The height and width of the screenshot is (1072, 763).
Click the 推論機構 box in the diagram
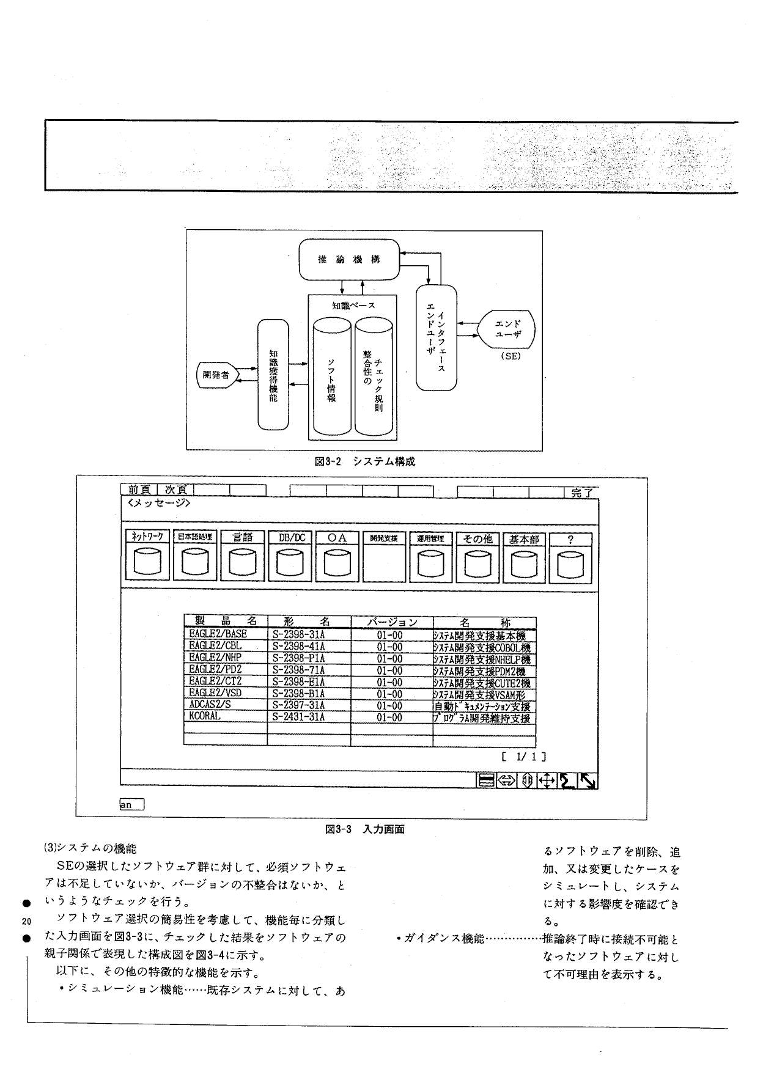pyautogui.click(x=348, y=259)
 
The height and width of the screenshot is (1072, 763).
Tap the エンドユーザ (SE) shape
pyautogui.click(x=507, y=331)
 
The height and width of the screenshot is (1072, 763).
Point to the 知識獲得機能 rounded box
pyautogui.click(x=273, y=375)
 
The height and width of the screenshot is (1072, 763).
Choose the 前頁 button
pyautogui.click(x=139, y=490)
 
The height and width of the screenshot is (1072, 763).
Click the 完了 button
pyautogui.click(x=581, y=492)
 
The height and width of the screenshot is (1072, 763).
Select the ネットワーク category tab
pyautogui.click(x=147, y=538)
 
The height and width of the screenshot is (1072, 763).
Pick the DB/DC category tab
pyautogui.click(x=291, y=538)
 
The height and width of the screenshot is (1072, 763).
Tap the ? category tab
pyautogui.click(x=570, y=539)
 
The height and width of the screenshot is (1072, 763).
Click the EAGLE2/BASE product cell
pyautogui.click(x=218, y=634)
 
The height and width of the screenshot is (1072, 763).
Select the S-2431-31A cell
pyautogui.click(x=299, y=717)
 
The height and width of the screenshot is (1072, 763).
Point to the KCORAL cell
pyautogui.click(x=205, y=716)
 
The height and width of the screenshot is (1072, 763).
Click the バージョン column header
pyautogui.click(x=392, y=622)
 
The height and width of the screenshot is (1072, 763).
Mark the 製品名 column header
pyautogui.click(x=224, y=622)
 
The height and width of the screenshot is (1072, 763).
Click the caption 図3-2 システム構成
pyautogui.click(x=364, y=461)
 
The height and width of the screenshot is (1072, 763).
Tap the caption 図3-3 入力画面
pyautogui.click(x=365, y=829)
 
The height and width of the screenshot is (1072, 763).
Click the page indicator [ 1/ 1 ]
pyautogui.click(x=523, y=757)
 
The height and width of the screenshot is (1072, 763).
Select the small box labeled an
pyautogui.click(x=131, y=805)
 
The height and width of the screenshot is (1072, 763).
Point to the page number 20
pyautogui.click(x=26, y=921)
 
